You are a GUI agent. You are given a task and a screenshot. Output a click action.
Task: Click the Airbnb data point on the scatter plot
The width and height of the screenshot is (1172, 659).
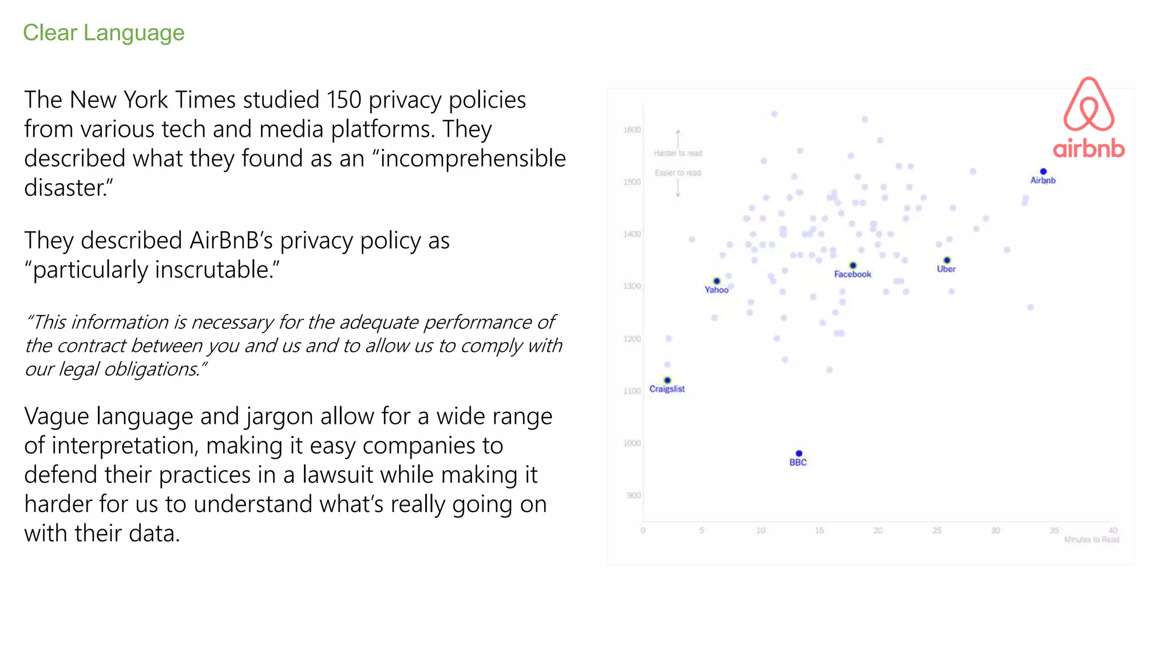click(x=1043, y=172)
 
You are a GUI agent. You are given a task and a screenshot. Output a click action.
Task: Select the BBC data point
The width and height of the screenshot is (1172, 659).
click(x=799, y=454)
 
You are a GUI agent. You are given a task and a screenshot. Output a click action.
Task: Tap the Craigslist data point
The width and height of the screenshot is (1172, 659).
click(x=667, y=380)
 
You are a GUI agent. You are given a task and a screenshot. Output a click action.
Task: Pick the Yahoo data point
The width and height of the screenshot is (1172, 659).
click(x=716, y=281)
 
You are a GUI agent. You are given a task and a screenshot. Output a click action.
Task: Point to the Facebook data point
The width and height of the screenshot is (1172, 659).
click(x=853, y=265)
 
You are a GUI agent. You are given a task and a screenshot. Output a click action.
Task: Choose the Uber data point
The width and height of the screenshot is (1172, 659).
click(x=947, y=260)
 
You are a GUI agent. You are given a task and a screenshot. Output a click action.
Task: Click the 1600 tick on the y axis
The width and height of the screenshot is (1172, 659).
click(x=632, y=130)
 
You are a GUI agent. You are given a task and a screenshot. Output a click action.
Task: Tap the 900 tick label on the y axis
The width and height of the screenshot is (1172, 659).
click(x=633, y=495)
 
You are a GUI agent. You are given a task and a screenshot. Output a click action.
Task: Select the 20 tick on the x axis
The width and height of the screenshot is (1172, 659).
click(x=878, y=531)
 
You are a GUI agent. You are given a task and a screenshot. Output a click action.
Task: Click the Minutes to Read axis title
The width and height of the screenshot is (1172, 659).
click(x=1091, y=539)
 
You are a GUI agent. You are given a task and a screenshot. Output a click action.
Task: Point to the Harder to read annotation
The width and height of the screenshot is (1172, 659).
click(x=678, y=153)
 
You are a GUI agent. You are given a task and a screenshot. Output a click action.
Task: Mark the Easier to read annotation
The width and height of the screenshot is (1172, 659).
click(x=678, y=173)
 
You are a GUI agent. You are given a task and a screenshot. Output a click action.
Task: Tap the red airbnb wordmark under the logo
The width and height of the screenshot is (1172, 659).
click(x=1088, y=149)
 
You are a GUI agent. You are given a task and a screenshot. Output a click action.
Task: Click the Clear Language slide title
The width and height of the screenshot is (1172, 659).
click(x=104, y=33)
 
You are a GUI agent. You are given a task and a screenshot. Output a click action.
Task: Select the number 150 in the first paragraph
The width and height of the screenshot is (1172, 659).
click(x=344, y=100)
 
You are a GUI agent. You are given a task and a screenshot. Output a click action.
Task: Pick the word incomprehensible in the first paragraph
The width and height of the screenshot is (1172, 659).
click(x=473, y=158)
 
